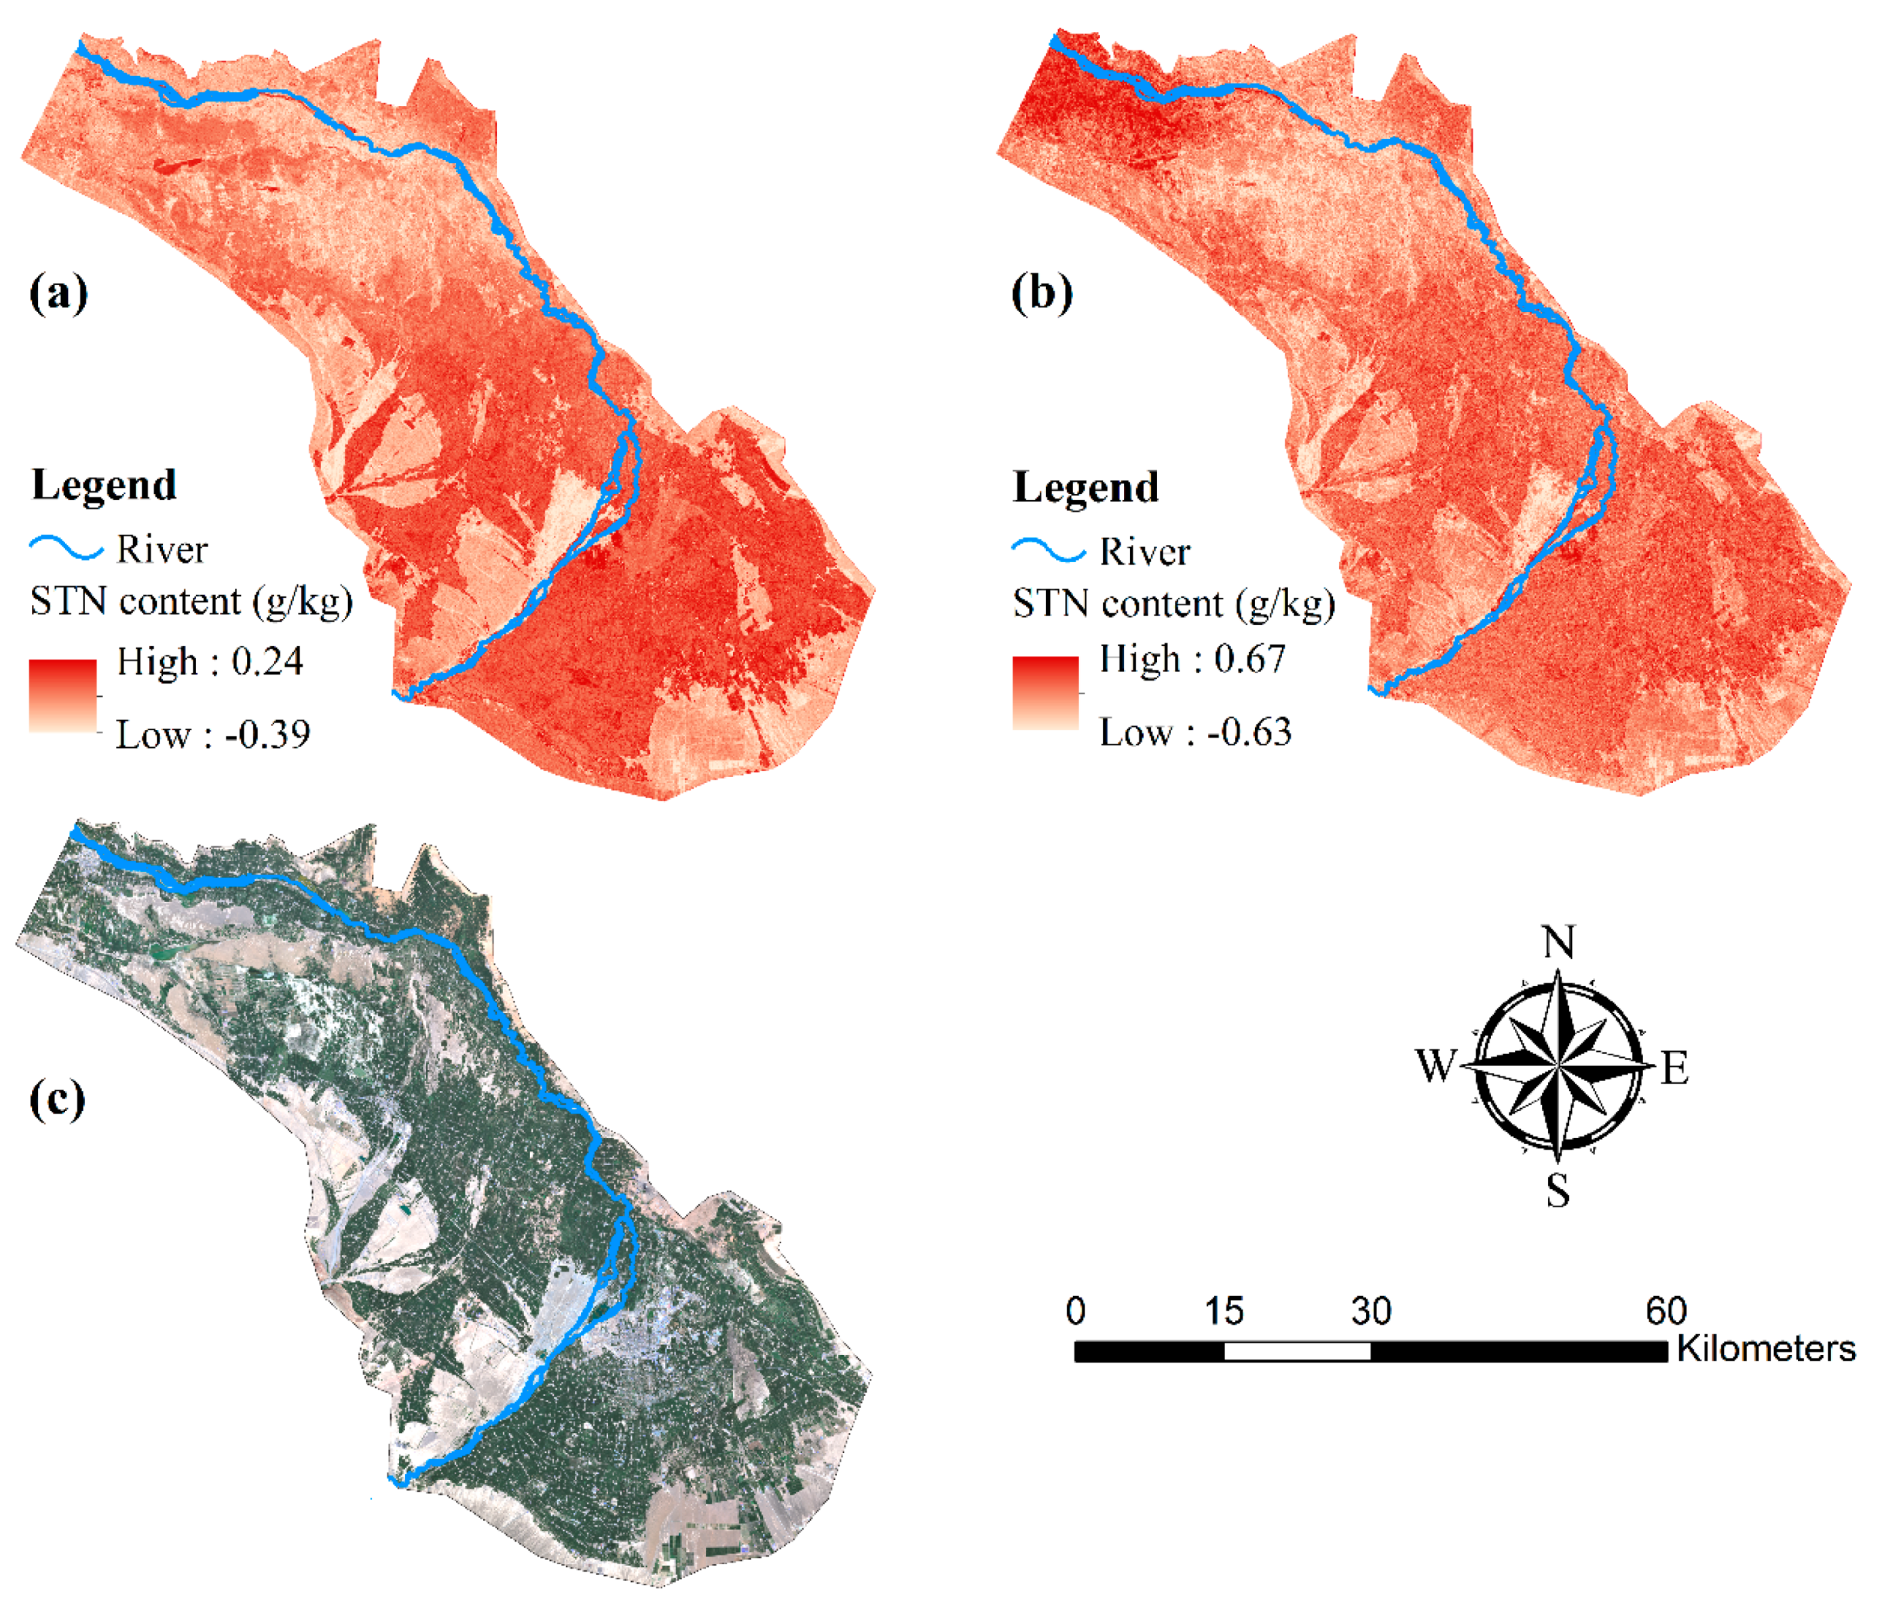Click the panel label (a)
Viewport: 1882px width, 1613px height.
click(x=59, y=292)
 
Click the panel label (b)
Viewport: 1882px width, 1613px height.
click(x=1041, y=292)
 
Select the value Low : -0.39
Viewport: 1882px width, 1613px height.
click(x=212, y=734)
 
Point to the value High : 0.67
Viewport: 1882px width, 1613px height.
click(x=1192, y=658)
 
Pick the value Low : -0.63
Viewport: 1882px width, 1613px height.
click(x=1195, y=731)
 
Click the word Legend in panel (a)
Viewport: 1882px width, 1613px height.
click(x=105, y=485)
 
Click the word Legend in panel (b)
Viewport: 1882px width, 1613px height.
click(x=1087, y=488)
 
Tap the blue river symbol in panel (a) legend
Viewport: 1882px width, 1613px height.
click(x=67, y=548)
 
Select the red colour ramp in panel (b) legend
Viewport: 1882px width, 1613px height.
click(x=1045, y=692)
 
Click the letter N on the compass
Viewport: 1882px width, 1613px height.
click(x=1559, y=943)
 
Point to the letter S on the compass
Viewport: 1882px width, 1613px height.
click(x=1558, y=1190)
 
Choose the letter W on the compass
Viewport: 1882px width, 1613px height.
click(x=1436, y=1065)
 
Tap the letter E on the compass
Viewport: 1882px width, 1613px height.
click(x=1675, y=1067)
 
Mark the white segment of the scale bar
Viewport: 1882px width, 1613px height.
click(x=1297, y=1350)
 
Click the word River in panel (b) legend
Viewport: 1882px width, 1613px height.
click(x=1144, y=551)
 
